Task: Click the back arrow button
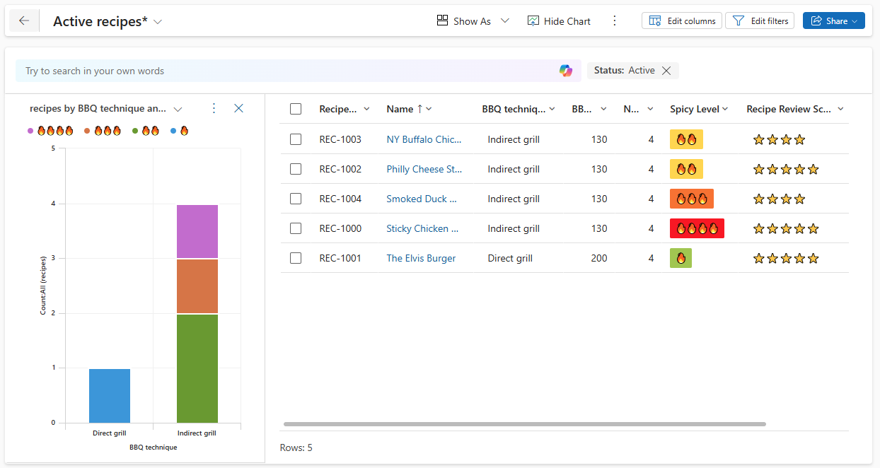coord(24,21)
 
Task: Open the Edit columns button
coord(682,21)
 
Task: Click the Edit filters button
coord(760,21)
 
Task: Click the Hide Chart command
coord(559,21)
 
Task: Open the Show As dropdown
coord(473,21)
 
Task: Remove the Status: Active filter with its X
coord(666,71)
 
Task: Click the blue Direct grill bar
coord(110,395)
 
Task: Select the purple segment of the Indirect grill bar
coord(197,231)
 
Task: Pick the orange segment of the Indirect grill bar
coord(197,286)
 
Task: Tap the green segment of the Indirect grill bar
coord(197,368)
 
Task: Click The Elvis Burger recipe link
coord(421,258)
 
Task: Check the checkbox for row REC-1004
coord(296,199)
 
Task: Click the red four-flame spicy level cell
coord(697,228)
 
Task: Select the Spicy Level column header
coord(695,109)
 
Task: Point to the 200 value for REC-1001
coord(598,258)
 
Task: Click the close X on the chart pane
coord(238,108)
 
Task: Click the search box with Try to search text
coord(283,71)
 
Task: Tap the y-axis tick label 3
coord(53,259)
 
